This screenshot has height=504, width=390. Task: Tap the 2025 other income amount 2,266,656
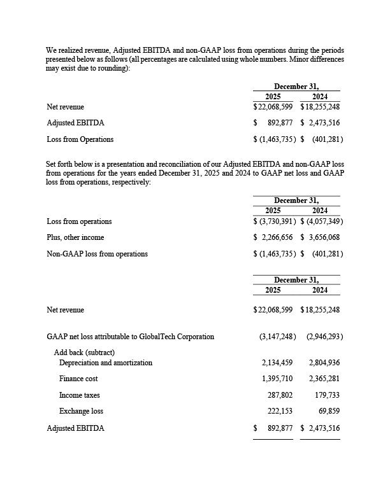click(277, 237)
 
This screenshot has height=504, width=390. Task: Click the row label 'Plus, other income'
click(75, 237)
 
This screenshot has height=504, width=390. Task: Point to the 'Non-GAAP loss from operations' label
click(97, 254)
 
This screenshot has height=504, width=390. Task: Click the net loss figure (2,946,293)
click(324, 336)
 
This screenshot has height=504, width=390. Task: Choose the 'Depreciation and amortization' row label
click(106, 363)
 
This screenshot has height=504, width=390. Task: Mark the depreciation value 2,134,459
click(277, 363)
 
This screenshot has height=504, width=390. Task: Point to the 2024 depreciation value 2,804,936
click(324, 363)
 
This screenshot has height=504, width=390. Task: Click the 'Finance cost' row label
click(79, 379)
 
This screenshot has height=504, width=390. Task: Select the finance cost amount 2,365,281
click(324, 379)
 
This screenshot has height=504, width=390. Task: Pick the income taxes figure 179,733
click(326, 395)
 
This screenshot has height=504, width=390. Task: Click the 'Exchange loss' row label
click(81, 411)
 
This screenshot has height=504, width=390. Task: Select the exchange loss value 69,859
click(328, 411)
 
